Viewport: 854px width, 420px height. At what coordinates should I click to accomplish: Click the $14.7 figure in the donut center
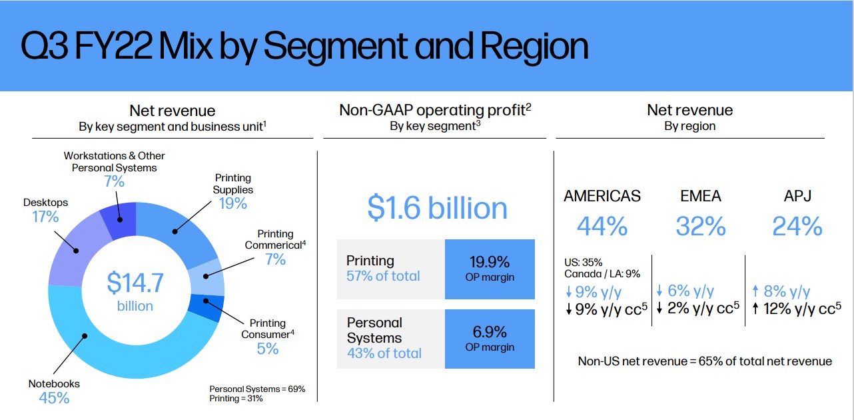click(135, 283)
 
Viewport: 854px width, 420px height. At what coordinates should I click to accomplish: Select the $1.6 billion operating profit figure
click(437, 207)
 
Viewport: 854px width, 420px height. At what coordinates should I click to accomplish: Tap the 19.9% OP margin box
click(490, 269)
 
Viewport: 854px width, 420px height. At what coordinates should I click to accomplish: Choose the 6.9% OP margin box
click(490, 339)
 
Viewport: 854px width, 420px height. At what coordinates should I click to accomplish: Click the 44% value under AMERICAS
click(602, 227)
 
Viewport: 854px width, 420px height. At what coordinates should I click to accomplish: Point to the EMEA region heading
click(700, 196)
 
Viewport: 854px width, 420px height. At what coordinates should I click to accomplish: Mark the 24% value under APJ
click(797, 227)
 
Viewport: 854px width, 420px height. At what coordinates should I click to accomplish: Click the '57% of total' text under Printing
click(383, 276)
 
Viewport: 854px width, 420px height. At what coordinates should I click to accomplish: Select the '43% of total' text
click(384, 353)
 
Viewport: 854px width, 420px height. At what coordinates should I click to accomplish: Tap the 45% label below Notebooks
click(54, 398)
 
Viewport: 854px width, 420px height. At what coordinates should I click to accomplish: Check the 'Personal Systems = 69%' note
click(257, 389)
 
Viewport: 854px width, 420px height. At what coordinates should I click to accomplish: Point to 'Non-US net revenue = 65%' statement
click(705, 361)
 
